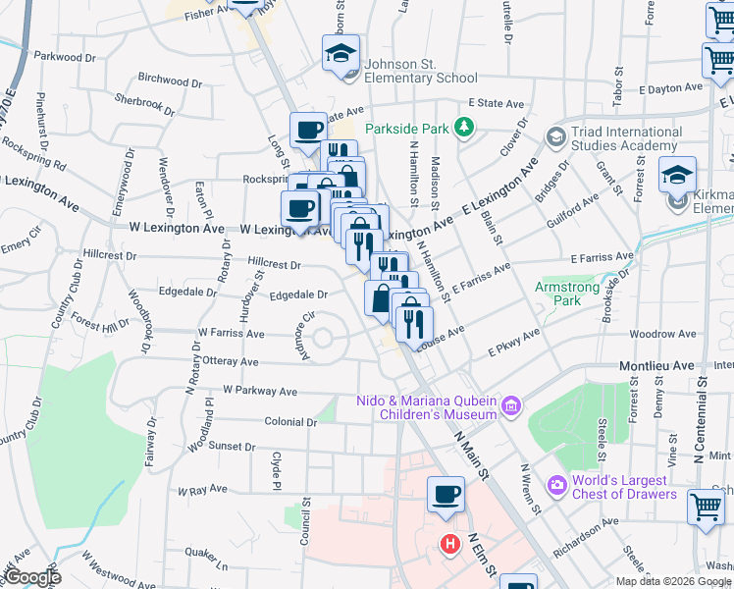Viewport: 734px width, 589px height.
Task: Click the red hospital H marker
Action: click(x=449, y=543)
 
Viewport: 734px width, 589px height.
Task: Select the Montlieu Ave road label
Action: click(x=655, y=365)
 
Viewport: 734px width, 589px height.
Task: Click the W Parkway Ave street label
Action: click(x=259, y=391)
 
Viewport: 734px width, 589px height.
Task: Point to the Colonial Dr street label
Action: click(x=291, y=422)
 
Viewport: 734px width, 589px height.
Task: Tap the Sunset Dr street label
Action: click(x=232, y=446)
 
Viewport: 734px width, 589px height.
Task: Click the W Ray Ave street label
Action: click(x=202, y=489)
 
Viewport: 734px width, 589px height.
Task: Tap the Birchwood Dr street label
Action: click(x=169, y=78)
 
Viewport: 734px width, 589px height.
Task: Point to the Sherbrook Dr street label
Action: click(x=144, y=99)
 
